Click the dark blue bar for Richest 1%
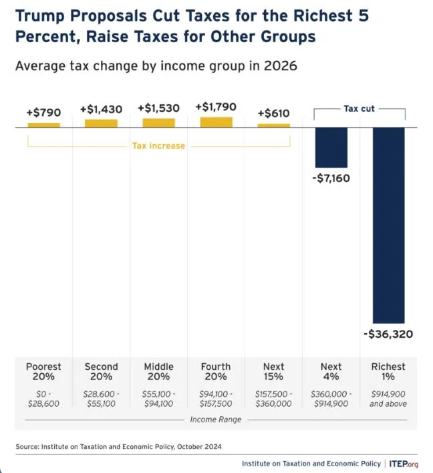click(x=388, y=225)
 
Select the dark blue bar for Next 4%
click(x=331, y=147)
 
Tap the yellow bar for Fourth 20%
click(x=216, y=122)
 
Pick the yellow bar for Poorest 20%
click(x=43, y=124)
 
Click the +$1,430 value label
click(x=101, y=108)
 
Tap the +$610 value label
click(x=274, y=112)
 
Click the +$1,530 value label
click(x=158, y=108)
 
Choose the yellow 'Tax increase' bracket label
click(x=158, y=145)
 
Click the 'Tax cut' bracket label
click(x=359, y=108)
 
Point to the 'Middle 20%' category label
click(x=158, y=371)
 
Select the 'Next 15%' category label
click(x=273, y=371)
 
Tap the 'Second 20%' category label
click(x=101, y=371)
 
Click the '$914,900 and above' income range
click(x=388, y=399)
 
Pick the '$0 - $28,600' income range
click(x=43, y=399)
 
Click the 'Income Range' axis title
click(x=216, y=419)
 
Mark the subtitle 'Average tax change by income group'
click(x=156, y=66)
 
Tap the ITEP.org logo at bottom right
click(x=404, y=463)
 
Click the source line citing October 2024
click(x=118, y=446)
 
